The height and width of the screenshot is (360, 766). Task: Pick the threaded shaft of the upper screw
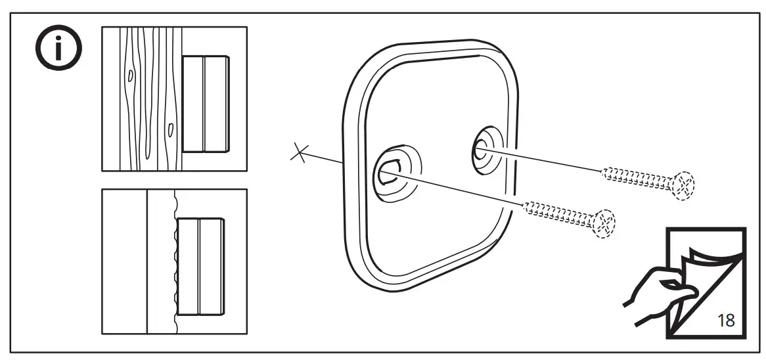point(635,175)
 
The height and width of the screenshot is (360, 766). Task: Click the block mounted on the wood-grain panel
point(206,103)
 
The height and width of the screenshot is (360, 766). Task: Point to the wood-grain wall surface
point(141,99)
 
